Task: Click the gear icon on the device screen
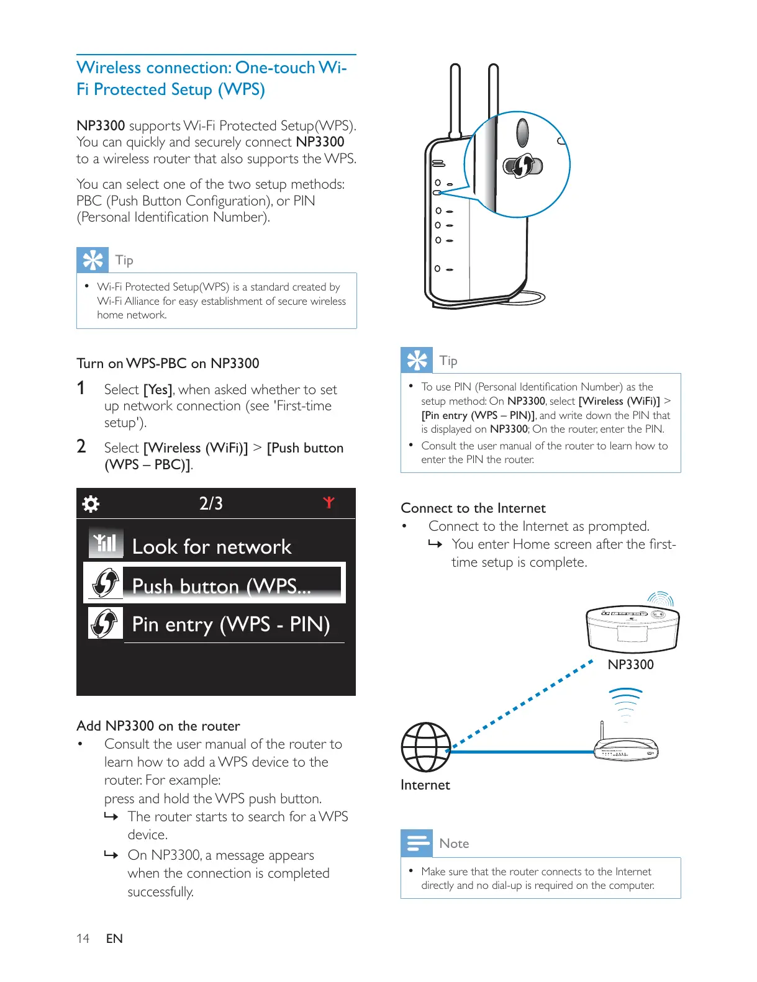(91, 503)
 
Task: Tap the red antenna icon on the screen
(329, 502)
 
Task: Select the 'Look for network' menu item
(211, 546)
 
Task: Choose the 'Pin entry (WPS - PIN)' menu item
(230, 624)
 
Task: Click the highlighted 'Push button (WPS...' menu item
(221, 585)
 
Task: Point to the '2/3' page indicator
(211, 503)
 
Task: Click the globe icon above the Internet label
(425, 747)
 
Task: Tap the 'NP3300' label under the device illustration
(630, 664)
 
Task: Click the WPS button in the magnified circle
(522, 166)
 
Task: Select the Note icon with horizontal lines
(416, 842)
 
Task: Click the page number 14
(83, 939)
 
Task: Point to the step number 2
(81, 446)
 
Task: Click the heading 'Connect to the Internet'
(473, 508)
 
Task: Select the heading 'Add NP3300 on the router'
(158, 726)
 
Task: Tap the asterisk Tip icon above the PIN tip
(416, 360)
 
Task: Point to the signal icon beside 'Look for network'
(106, 544)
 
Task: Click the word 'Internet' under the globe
(425, 785)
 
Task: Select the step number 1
(81, 389)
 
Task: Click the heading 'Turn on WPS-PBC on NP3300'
(168, 363)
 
